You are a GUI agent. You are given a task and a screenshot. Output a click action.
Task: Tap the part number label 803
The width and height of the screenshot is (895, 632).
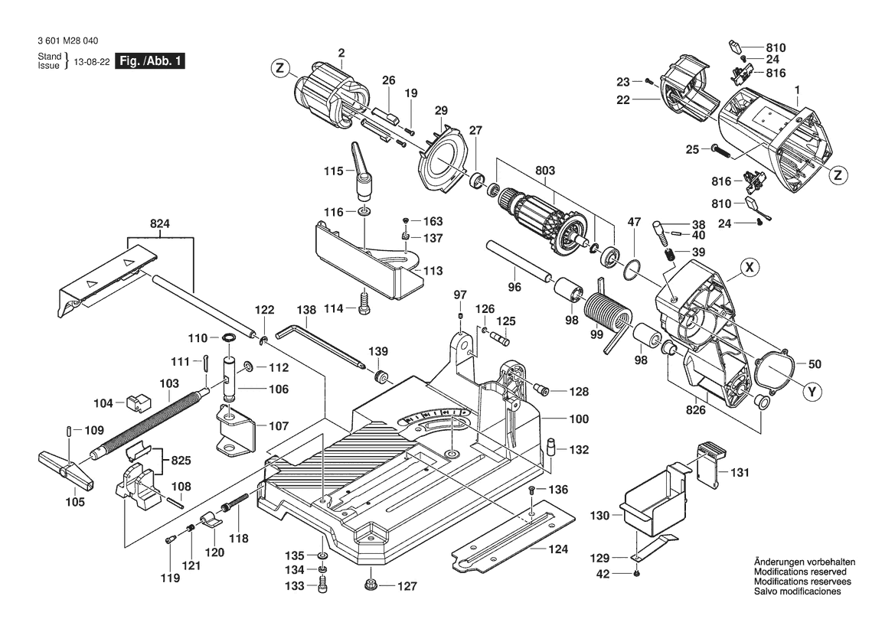pos(545,171)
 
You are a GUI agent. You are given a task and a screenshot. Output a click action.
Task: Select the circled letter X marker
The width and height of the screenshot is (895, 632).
pos(750,267)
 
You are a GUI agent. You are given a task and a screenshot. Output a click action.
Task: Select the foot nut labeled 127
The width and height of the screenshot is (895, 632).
pos(372,586)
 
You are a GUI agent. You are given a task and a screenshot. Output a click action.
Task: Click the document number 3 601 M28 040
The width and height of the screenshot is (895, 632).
pos(67,41)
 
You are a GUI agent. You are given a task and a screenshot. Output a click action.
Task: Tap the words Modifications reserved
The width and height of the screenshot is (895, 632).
pos(800,572)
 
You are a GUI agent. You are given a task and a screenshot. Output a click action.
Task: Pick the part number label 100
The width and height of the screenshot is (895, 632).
pos(578,419)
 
